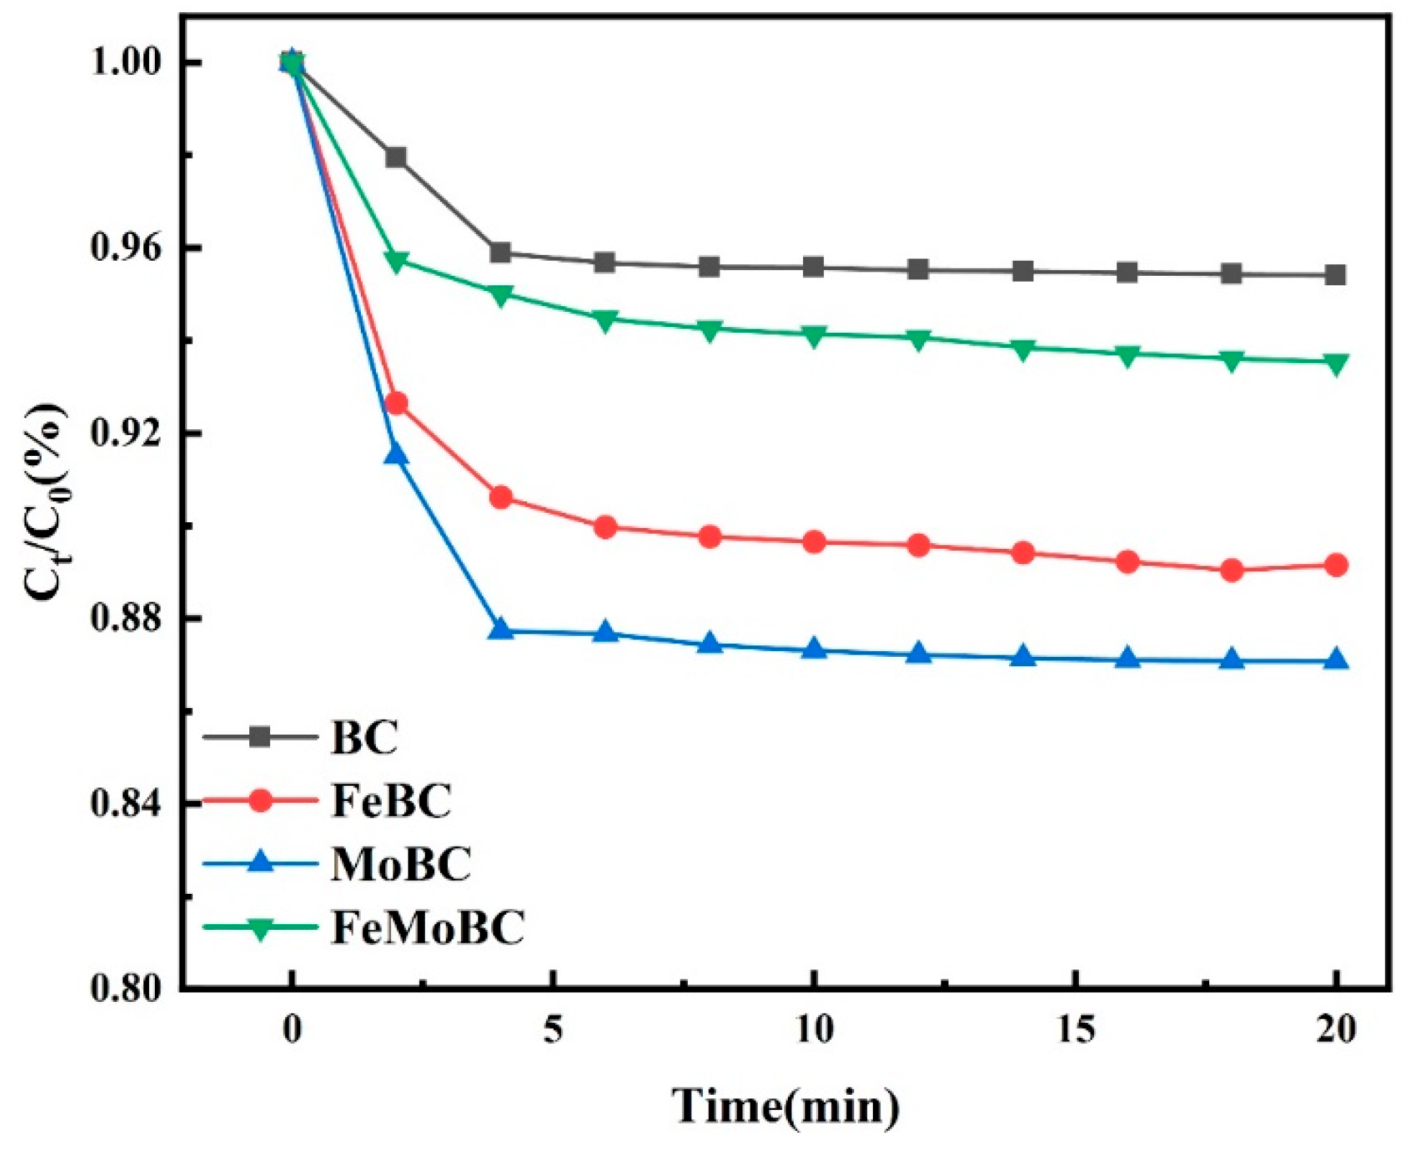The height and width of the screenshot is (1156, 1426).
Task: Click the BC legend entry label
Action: (x=364, y=738)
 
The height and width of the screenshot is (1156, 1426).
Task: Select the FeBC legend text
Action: (x=391, y=800)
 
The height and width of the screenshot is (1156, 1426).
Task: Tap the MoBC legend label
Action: (x=400, y=864)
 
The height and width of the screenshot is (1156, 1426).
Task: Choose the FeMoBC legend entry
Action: (x=428, y=927)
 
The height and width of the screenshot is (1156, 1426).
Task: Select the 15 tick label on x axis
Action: (x=1076, y=1031)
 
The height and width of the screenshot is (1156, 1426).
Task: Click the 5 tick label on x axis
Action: (x=552, y=1031)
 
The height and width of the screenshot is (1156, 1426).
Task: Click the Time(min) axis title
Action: (x=786, y=1106)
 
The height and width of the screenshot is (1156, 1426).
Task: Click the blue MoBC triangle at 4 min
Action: (x=501, y=630)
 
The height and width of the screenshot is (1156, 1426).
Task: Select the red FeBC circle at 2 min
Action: (x=395, y=403)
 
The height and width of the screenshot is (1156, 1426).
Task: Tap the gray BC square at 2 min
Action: (x=395, y=158)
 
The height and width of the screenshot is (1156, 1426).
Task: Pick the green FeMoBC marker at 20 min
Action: (x=1336, y=364)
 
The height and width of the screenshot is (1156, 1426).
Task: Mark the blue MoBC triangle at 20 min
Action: (x=1336, y=660)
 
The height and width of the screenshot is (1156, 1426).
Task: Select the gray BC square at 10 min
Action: (x=814, y=267)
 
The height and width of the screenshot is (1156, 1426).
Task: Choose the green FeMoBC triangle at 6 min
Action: (x=605, y=321)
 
